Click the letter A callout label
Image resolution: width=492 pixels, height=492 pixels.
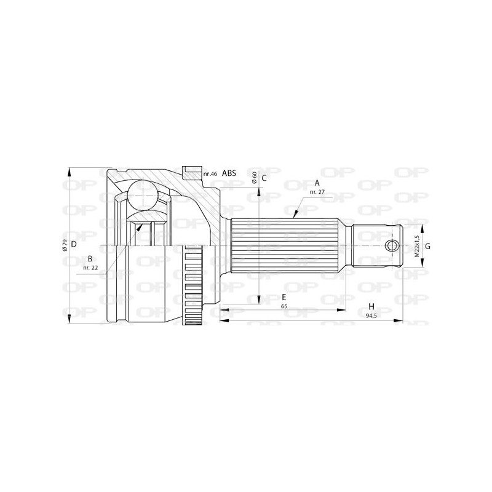[x=317, y=183]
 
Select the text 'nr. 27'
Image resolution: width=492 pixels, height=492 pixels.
[x=317, y=192]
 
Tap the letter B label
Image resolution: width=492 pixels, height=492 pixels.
[x=90, y=258]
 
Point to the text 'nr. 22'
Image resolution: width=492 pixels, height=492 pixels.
[x=90, y=268]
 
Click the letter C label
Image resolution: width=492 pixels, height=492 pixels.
[x=263, y=178]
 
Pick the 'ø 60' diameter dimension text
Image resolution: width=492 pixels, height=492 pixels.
[x=254, y=178]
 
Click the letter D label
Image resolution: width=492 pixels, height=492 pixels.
[x=73, y=244]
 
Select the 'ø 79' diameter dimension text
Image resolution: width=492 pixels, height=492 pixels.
[x=64, y=245]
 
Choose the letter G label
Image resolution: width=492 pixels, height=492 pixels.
[x=427, y=246]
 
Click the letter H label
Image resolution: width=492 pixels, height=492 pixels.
[x=371, y=306]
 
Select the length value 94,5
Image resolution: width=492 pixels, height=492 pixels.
[x=371, y=315]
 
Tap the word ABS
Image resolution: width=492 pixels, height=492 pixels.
[x=229, y=174]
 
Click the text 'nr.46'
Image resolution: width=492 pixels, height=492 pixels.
[x=210, y=174]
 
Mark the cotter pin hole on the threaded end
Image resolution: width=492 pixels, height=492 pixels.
[x=392, y=246]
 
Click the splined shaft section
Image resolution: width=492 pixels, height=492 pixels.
[x=286, y=246]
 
